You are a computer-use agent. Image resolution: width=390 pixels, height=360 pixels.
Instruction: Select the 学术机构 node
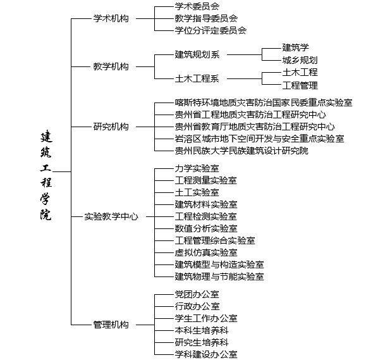point(111,18)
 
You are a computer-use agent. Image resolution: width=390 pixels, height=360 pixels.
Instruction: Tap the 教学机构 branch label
point(111,66)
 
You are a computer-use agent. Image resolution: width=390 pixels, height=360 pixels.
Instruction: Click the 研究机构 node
point(111,127)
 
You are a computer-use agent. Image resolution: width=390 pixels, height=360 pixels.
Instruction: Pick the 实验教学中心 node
point(111,216)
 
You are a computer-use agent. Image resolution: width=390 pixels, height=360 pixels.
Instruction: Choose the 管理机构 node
point(111,325)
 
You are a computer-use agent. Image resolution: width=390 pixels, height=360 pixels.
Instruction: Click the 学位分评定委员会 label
point(210,30)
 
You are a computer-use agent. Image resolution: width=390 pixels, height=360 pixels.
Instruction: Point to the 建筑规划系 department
point(197,54)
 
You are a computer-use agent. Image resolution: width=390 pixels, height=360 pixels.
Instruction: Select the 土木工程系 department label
point(197,79)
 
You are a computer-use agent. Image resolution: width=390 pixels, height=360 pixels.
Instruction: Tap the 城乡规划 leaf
point(300,60)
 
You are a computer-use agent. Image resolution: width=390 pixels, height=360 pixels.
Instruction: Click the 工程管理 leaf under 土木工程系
point(300,85)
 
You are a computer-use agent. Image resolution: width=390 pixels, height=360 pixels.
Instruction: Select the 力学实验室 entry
point(197,169)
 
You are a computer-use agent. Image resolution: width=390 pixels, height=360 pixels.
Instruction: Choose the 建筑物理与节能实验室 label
point(219,276)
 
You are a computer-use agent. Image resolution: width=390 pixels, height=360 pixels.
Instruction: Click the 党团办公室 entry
point(197,295)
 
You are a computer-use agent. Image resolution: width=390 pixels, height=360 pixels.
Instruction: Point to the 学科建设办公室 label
point(206,354)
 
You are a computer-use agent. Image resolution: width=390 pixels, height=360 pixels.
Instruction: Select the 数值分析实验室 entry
point(206,228)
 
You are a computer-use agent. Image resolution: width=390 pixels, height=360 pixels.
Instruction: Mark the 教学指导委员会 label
point(206,18)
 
